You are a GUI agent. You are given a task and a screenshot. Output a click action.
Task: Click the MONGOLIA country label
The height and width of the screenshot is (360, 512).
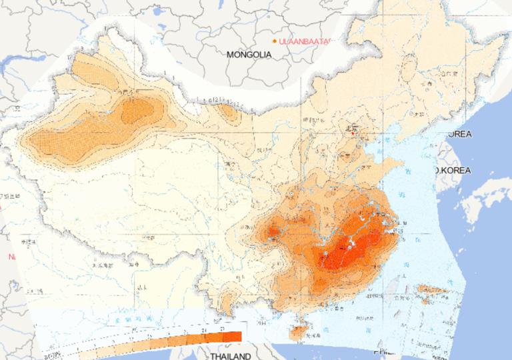pos(249,55)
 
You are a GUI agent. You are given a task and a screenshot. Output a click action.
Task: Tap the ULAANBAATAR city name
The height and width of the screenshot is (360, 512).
pos(305,41)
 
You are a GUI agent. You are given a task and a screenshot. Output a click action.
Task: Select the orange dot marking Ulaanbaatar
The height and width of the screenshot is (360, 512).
pos(275,41)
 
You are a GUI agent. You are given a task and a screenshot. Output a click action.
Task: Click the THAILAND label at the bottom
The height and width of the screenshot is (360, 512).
pos(231,356)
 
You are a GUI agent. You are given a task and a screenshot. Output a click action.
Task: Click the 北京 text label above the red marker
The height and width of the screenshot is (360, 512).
pos(351,126)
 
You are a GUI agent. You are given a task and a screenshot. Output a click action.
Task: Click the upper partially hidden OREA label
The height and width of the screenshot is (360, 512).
pos(459,134)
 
